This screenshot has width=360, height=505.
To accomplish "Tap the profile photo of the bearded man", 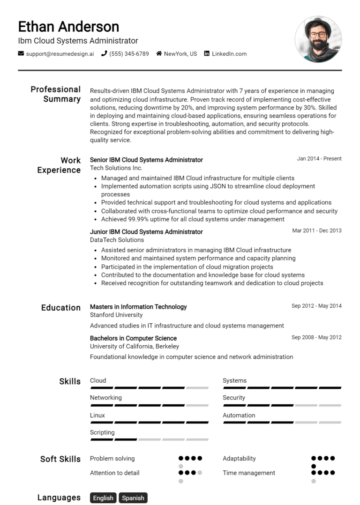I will (x=318, y=39).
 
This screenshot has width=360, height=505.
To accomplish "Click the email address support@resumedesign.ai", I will (x=60, y=54).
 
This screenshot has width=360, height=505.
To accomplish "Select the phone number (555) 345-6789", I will (x=129, y=54).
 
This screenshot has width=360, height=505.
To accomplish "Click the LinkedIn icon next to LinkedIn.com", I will (x=207, y=54).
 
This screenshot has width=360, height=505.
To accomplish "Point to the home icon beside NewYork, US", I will (x=159, y=54).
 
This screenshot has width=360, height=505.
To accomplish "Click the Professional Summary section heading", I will (x=55, y=94).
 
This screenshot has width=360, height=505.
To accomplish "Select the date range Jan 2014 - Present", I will (x=319, y=159).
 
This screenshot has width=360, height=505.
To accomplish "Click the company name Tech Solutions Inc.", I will (x=116, y=168).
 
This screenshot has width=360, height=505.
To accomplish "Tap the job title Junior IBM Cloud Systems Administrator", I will (x=146, y=232).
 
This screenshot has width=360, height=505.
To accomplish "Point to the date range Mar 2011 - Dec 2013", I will (x=316, y=230).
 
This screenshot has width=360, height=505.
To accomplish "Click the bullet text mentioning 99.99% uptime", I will (x=193, y=219).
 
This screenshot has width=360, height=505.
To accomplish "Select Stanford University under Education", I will (x=116, y=315).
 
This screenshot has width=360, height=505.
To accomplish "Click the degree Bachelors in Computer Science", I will (x=133, y=338).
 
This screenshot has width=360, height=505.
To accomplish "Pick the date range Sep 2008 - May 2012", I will (x=316, y=337).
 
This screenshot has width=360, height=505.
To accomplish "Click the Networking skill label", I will (x=105, y=398).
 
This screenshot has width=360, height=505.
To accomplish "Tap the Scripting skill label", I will (x=102, y=433).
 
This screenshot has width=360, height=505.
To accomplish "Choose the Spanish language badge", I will (x=133, y=498).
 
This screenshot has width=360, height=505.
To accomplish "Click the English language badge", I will (x=103, y=498).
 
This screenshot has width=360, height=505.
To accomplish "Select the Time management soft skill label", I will (x=249, y=473).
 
